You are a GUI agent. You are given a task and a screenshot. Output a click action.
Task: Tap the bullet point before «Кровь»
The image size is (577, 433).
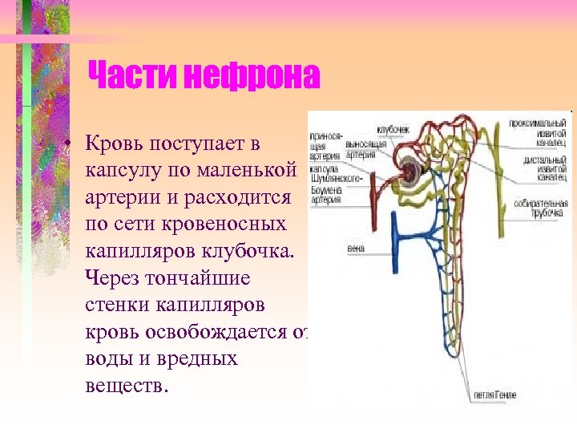[71, 144]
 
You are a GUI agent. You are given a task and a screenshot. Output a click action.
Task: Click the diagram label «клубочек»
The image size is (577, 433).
[393, 128]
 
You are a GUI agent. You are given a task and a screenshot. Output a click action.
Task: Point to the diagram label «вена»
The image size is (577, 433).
[356, 249]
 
